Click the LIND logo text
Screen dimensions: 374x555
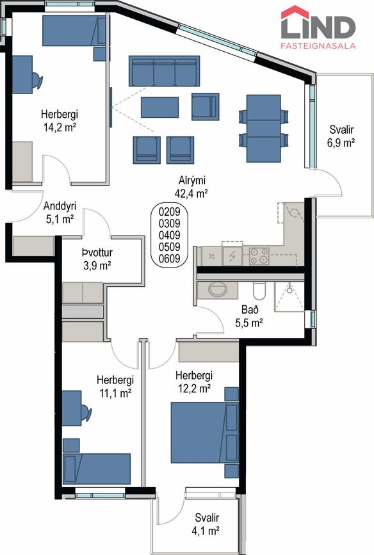coord(318,28)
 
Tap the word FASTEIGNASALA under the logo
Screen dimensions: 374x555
coord(318,46)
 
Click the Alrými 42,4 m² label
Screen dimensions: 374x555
coord(191,187)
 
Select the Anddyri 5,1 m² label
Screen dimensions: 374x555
coord(60,213)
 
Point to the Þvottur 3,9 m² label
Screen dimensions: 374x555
coord(97,259)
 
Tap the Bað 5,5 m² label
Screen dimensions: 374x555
coord(249,316)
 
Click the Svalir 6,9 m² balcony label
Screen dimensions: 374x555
coord(341,136)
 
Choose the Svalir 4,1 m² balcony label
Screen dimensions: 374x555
coord(207,524)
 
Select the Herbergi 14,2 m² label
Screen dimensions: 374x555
coord(60,121)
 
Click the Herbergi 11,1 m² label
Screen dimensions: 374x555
coord(115,387)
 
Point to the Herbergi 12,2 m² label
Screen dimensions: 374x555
coord(194,382)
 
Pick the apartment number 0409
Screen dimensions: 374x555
coord(169,235)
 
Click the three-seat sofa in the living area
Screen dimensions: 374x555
coord(165,71)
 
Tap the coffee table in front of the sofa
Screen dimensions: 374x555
coord(159,108)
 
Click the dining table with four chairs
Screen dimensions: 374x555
coord(264,128)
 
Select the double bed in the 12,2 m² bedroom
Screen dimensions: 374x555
coord(205,432)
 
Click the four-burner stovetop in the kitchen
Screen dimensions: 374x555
coord(259,256)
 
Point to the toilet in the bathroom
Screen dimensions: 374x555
coord(259,291)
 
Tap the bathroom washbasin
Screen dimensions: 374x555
coord(218,290)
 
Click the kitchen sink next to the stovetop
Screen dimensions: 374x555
coord(232,255)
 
